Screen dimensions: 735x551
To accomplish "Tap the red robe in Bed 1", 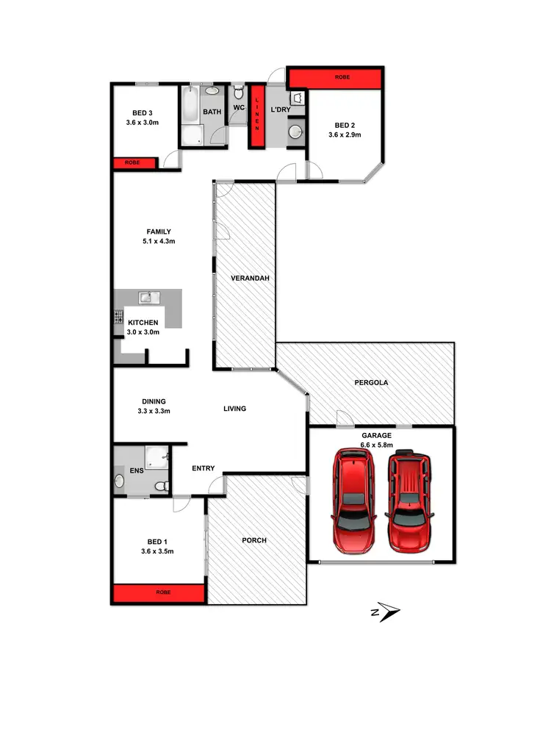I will coord(158,593).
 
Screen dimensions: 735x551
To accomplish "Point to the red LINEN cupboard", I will coord(257,118).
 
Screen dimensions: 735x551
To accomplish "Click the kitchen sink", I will coord(152,297).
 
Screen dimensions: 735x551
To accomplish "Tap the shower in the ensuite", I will coord(156,458).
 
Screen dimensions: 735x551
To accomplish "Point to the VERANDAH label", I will coord(245,279).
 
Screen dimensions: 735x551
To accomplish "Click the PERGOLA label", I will coord(371,383).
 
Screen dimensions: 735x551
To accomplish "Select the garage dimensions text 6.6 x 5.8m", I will coord(377,445).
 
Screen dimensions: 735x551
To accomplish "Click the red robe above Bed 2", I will coord(335,77).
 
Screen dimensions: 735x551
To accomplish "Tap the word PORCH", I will coord(254,540).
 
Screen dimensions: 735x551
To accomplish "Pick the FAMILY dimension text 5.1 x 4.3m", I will coord(158,241).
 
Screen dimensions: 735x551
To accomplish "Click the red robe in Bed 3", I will coord(133,162).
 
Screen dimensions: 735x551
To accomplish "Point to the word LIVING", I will coord(235,409).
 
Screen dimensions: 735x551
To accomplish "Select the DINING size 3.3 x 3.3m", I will coord(154,411).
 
